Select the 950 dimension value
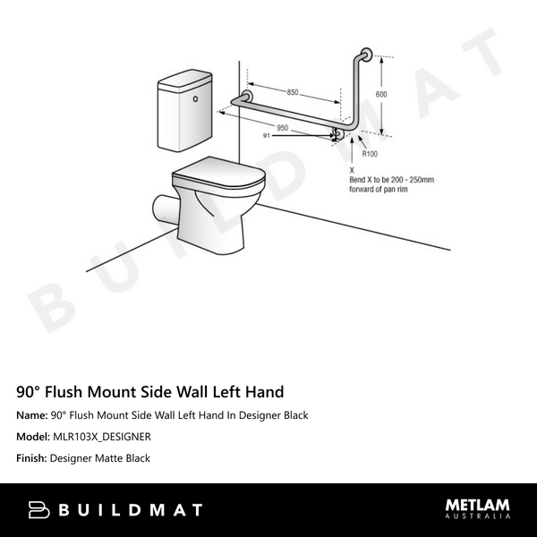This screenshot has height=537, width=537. click(x=282, y=128)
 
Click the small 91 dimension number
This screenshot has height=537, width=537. click(x=266, y=135)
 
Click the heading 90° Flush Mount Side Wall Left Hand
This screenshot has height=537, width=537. click(x=150, y=392)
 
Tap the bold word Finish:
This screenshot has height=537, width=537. click(x=31, y=458)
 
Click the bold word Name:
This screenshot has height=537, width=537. click(x=32, y=415)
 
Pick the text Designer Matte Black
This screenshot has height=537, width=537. click(x=100, y=458)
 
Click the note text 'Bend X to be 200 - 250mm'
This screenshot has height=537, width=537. click(x=391, y=179)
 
